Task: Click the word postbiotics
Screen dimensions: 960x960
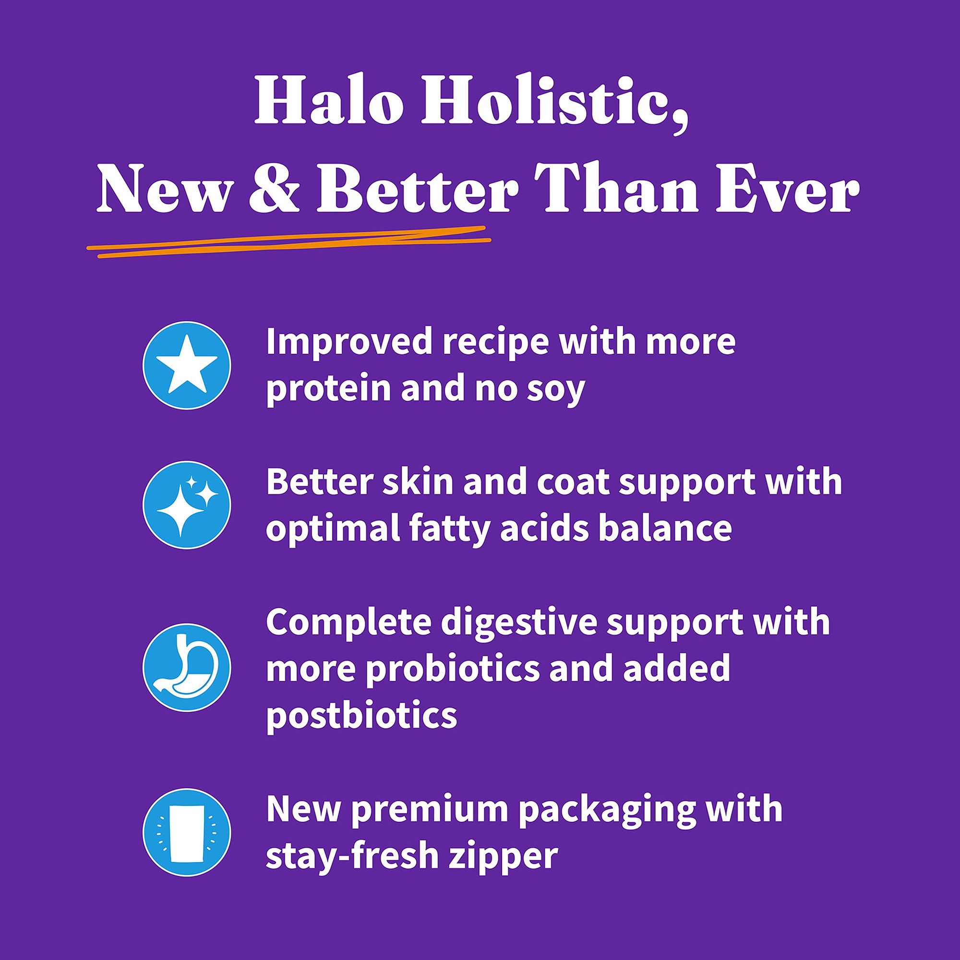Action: (x=362, y=716)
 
